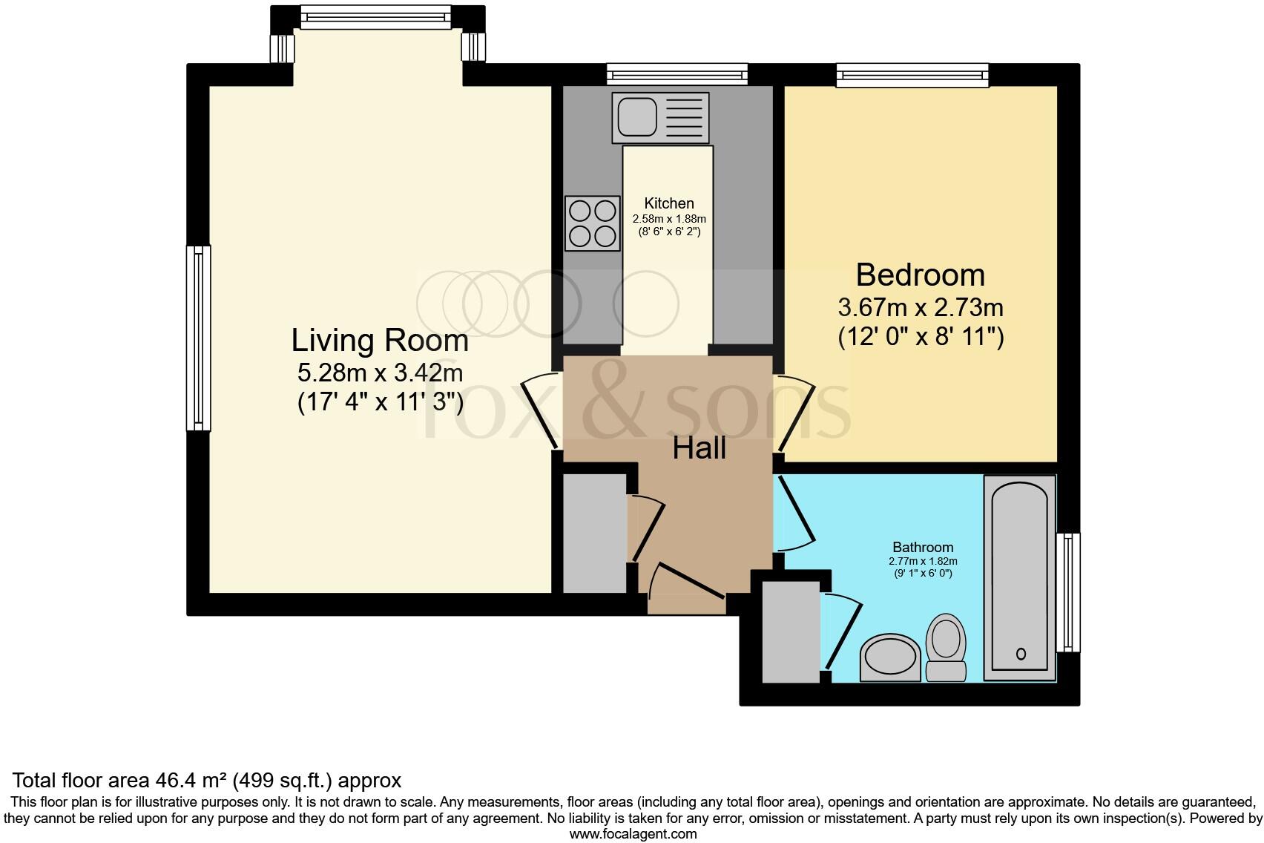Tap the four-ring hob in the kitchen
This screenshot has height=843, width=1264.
(x=592, y=223)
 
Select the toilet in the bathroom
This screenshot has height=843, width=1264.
(x=946, y=647)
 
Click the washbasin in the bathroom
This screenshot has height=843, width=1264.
(x=890, y=657)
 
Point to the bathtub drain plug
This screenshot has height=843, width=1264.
(x=1021, y=654)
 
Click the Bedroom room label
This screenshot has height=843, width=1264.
(x=920, y=275)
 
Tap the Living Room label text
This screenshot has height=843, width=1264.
(x=380, y=340)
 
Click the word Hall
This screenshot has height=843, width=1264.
(x=699, y=448)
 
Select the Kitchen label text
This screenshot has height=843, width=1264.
(x=669, y=203)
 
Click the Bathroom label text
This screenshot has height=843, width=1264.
(x=923, y=548)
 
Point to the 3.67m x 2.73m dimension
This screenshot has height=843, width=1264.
(x=920, y=306)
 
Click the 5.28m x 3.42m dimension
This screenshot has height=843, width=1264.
(x=380, y=372)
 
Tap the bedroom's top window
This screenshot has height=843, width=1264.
(x=912, y=74)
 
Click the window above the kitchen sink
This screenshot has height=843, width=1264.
(x=677, y=73)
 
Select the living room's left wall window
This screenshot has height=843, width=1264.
(x=198, y=338)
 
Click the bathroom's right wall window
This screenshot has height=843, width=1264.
(x=1068, y=592)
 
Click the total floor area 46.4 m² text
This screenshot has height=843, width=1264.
(x=207, y=780)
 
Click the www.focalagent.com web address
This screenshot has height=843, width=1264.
(x=633, y=834)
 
